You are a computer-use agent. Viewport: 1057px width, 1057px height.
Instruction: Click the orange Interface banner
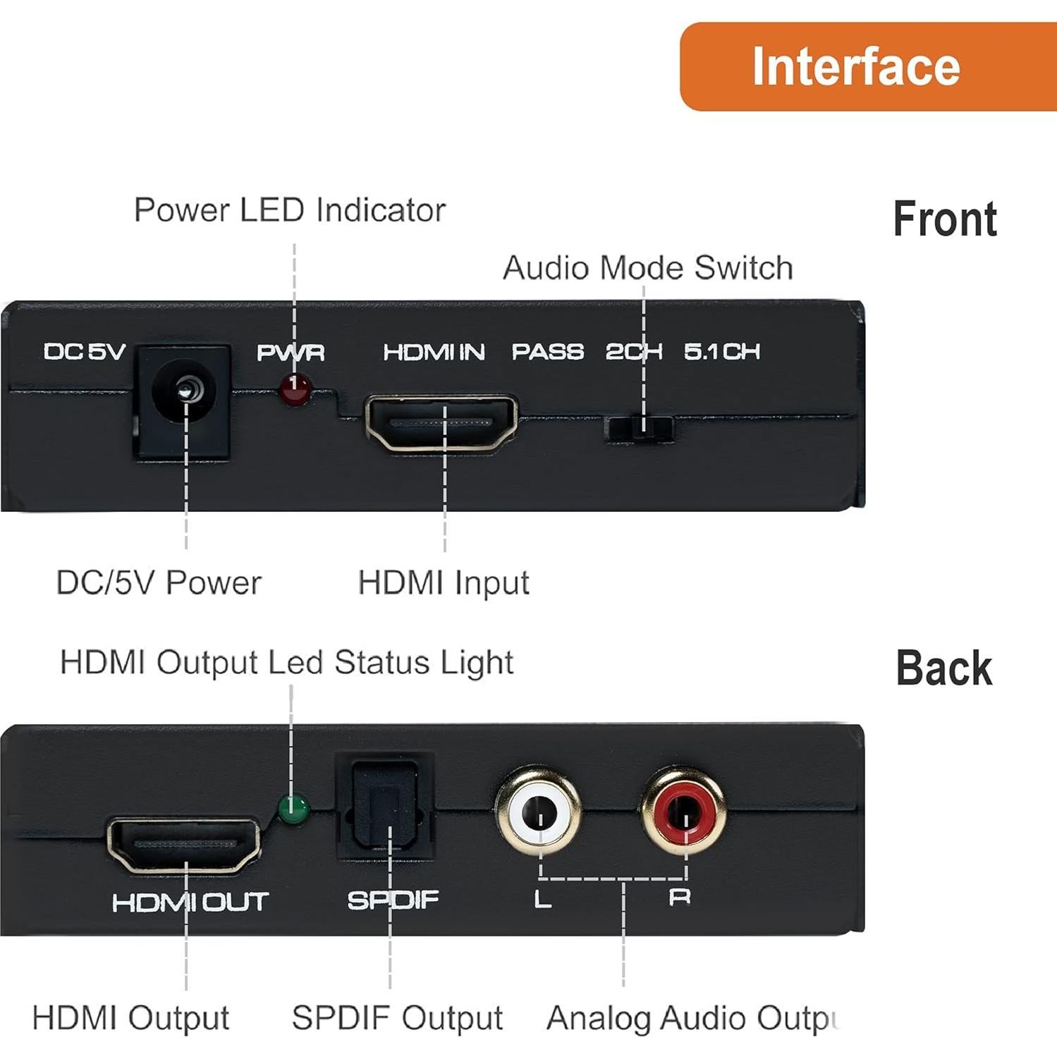click(x=867, y=66)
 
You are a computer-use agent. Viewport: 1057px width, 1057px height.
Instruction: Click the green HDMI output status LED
click(x=293, y=809)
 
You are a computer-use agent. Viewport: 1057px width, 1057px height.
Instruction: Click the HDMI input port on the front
click(x=441, y=423)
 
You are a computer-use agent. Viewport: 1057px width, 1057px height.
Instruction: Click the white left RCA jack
click(x=539, y=812)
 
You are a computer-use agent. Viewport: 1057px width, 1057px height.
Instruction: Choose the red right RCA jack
click(x=683, y=812)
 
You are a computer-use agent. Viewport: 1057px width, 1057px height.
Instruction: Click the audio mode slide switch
click(x=640, y=428)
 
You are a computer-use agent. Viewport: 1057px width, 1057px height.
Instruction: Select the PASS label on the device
click(x=547, y=352)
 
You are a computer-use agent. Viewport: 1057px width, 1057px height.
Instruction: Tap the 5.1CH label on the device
click(x=721, y=351)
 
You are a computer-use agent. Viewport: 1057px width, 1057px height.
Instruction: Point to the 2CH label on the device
click(x=633, y=351)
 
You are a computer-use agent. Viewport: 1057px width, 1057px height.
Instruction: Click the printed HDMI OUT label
click(x=190, y=902)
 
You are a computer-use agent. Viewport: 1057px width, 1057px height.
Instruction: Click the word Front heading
click(x=944, y=219)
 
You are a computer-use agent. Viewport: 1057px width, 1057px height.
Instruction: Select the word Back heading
click(x=943, y=668)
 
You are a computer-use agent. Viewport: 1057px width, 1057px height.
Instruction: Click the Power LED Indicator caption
click(x=290, y=210)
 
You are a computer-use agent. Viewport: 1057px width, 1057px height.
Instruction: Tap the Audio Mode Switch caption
click(x=647, y=268)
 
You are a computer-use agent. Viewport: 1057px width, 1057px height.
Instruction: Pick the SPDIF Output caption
click(x=397, y=1018)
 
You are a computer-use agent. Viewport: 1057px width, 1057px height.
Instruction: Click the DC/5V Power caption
click(x=159, y=583)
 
